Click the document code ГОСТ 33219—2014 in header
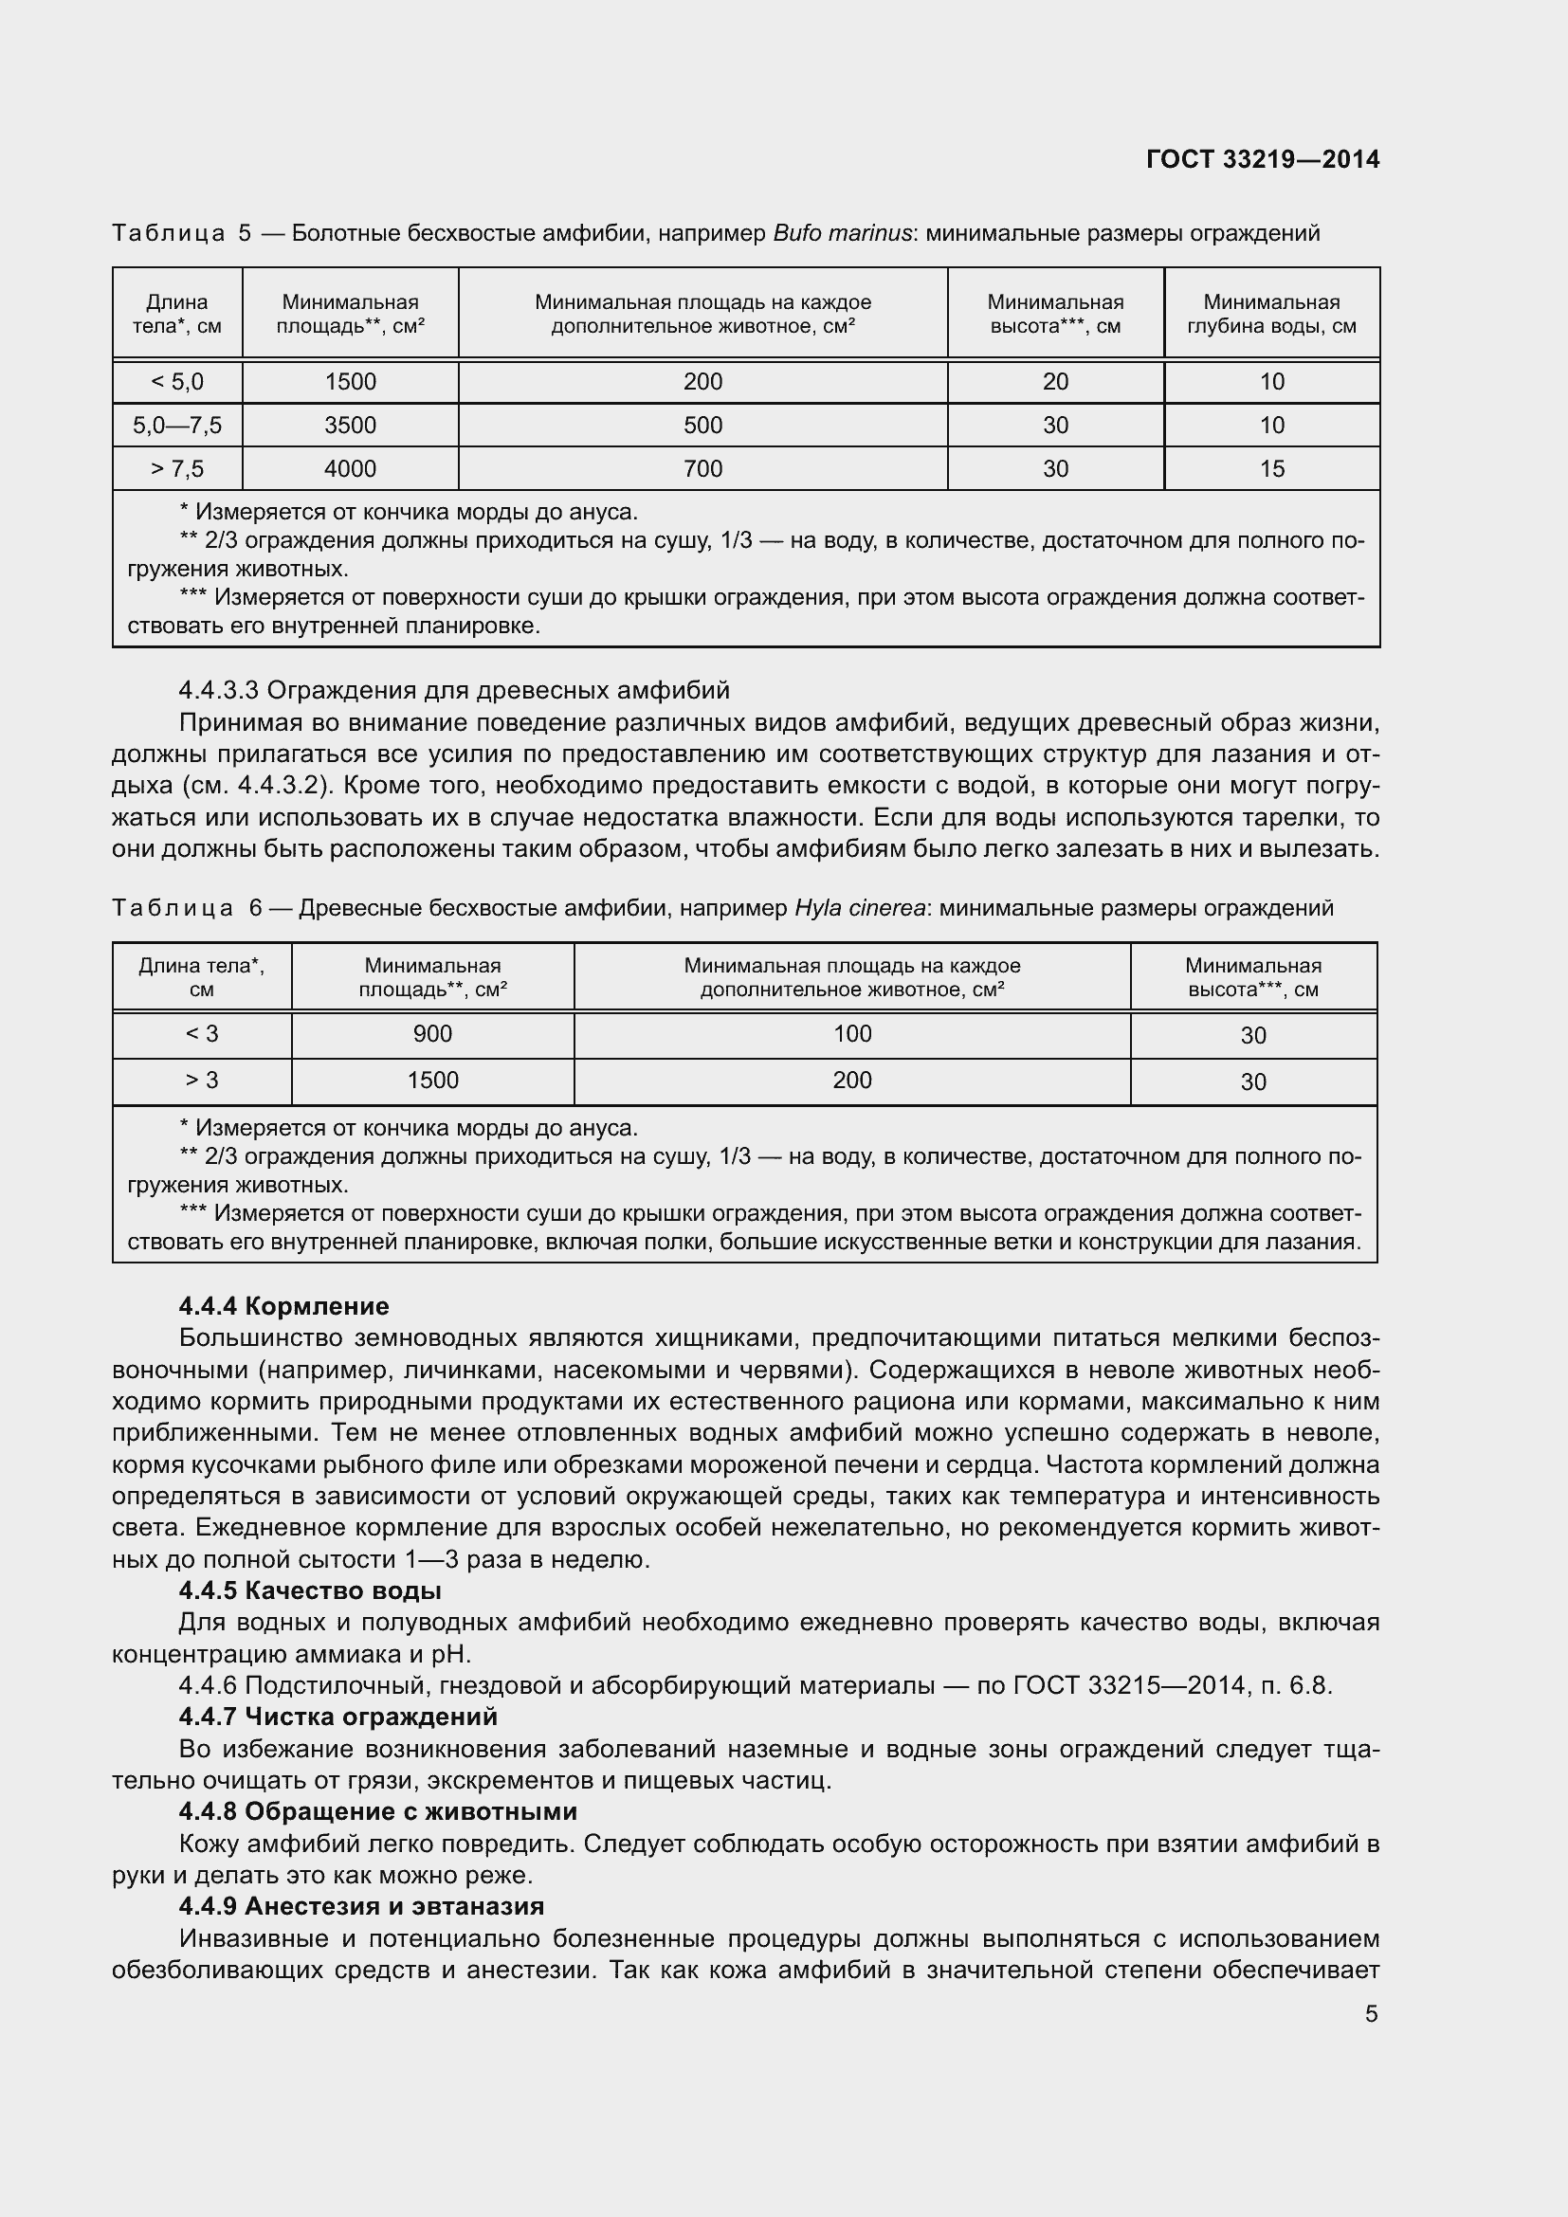point(1262,159)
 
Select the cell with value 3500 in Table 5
point(351,426)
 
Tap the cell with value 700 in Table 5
point(702,469)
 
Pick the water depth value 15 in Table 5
point(1271,469)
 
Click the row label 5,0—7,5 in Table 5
point(177,426)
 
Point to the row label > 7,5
point(177,469)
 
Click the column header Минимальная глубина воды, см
point(1271,314)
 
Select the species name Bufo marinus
point(842,234)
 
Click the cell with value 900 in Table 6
point(432,1034)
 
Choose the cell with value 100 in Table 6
point(851,1034)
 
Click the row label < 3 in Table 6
point(202,1034)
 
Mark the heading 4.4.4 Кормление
point(283,1306)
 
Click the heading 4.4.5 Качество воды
point(310,1590)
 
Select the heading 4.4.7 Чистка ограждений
point(337,1717)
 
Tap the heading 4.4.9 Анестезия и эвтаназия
point(361,1906)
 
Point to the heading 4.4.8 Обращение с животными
point(377,1811)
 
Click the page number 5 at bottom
point(1371,2014)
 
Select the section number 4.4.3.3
point(219,691)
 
